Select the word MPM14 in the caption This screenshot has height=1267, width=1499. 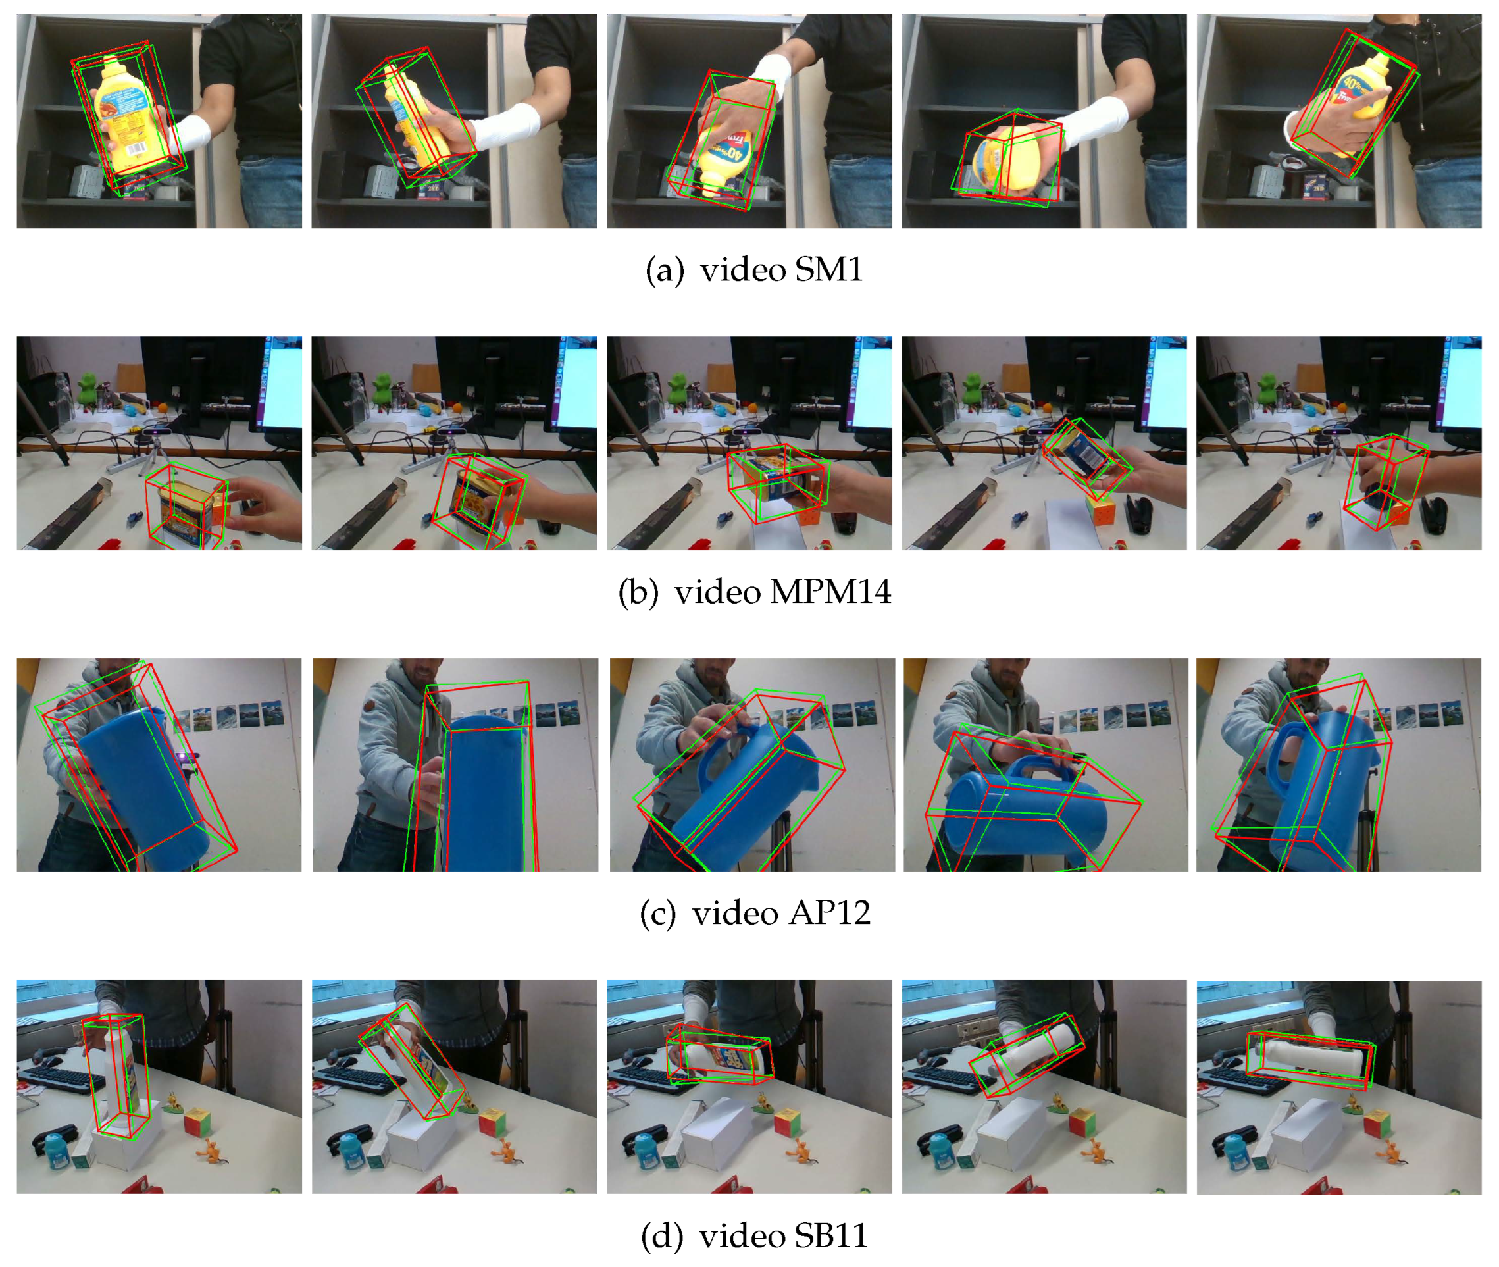coord(830,592)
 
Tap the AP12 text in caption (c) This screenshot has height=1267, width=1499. coord(830,914)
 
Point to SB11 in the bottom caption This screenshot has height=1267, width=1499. coord(831,1236)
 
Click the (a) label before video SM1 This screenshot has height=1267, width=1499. coord(664,271)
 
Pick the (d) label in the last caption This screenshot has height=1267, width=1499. coord(661,1236)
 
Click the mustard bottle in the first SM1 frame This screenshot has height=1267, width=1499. coord(129,115)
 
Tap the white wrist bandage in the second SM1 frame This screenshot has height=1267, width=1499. coord(505,129)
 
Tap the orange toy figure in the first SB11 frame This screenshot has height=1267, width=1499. coord(211,1149)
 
